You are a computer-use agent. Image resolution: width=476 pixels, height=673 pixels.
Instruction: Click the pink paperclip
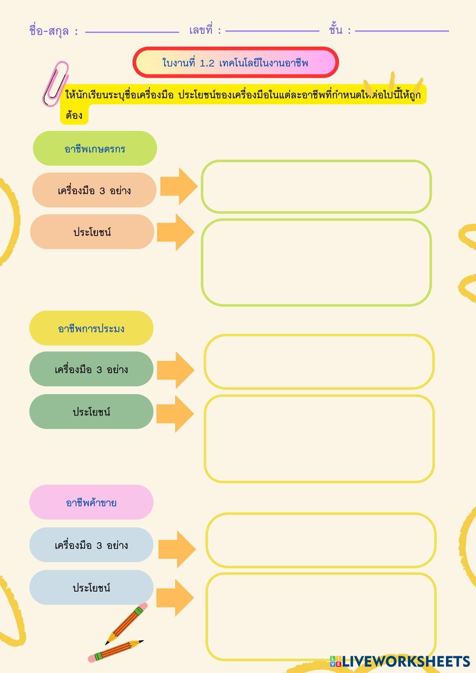(55, 84)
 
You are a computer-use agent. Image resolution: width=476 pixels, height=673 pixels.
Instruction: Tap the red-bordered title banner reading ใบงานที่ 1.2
(236, 62)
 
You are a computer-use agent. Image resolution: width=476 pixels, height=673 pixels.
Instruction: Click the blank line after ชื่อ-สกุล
(132, 32)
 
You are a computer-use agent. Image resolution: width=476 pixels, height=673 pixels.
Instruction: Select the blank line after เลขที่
(272, 31)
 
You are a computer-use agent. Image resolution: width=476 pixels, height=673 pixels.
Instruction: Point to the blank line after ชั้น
(402, 31)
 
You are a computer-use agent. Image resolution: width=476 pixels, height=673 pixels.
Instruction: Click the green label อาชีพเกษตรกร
(95, 148)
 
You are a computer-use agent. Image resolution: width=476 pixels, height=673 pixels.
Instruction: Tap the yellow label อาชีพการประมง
(91, 328)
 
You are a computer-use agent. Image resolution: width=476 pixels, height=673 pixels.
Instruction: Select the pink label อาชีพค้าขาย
(91, 503)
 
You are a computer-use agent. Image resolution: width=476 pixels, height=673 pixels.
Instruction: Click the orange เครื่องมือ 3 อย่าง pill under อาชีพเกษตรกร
(94, 190)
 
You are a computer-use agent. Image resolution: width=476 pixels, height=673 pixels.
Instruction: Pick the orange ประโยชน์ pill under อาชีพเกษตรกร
(92, 232)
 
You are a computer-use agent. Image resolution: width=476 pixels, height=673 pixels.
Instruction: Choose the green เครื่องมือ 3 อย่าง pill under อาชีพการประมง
(91, 369)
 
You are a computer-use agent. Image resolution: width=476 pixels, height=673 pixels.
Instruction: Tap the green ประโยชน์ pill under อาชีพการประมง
(91, 412)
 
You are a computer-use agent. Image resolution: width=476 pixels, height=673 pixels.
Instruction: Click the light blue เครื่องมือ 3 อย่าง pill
(91, 545)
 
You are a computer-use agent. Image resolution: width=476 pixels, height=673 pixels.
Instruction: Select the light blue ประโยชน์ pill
(91, 588)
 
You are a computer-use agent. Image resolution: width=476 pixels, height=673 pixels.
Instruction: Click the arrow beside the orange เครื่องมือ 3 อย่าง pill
(178, 186)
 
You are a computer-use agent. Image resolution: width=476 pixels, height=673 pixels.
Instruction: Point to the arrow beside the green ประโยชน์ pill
(175, 413)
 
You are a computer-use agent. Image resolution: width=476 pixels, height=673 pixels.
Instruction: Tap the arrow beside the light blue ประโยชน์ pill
(175, 598)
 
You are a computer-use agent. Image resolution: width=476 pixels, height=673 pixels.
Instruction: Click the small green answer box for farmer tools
(316, 187)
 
